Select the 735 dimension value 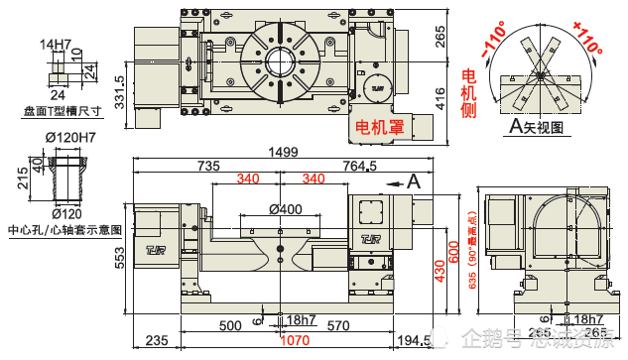[x=208, y=166]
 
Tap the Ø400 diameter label [x=286, y=209]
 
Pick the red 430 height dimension [x=440, y=267]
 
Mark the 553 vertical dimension [x=120, y=257]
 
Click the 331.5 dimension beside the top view [x=120, y=91]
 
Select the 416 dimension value [x=440, y=97]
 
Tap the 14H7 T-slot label [x=56, y=45]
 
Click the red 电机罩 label [x=378, y=127]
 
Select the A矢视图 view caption [x=535, y=127]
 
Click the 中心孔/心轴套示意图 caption [x=63, y=229]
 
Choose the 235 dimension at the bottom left [x=157, y=340]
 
